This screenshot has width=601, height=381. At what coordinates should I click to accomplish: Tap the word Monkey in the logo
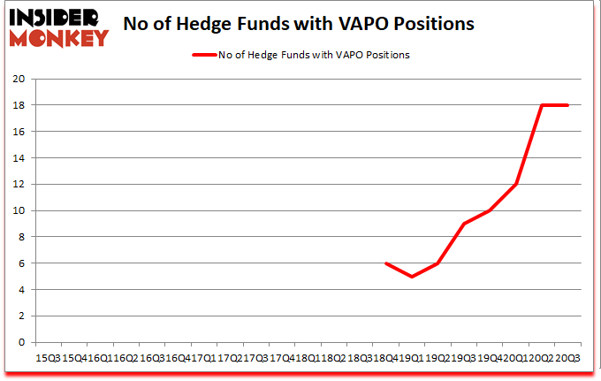(59, 37)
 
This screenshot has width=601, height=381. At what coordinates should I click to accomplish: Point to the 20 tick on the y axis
(18, 79)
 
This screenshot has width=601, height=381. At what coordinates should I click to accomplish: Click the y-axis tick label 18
(18, 105)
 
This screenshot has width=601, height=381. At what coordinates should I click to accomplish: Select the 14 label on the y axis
(18, 158)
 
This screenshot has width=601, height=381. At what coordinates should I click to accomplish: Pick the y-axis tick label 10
(18, 210)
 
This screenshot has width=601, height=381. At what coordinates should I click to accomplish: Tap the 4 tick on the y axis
(21, 290)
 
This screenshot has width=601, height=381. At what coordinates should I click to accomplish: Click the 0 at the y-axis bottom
(21, 342)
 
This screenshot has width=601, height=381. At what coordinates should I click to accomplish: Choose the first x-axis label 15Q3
(47, 358)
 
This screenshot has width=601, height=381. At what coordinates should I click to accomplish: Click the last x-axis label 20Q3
(567, 358)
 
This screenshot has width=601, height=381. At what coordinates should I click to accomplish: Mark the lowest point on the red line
(412, 277)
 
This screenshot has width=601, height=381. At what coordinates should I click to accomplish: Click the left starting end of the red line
(385, 263)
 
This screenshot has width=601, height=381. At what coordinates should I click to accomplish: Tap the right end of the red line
(567, 105)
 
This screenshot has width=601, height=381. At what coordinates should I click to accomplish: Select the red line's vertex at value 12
(515, 184)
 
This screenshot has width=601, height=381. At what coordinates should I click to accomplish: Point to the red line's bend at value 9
(464, 224)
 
